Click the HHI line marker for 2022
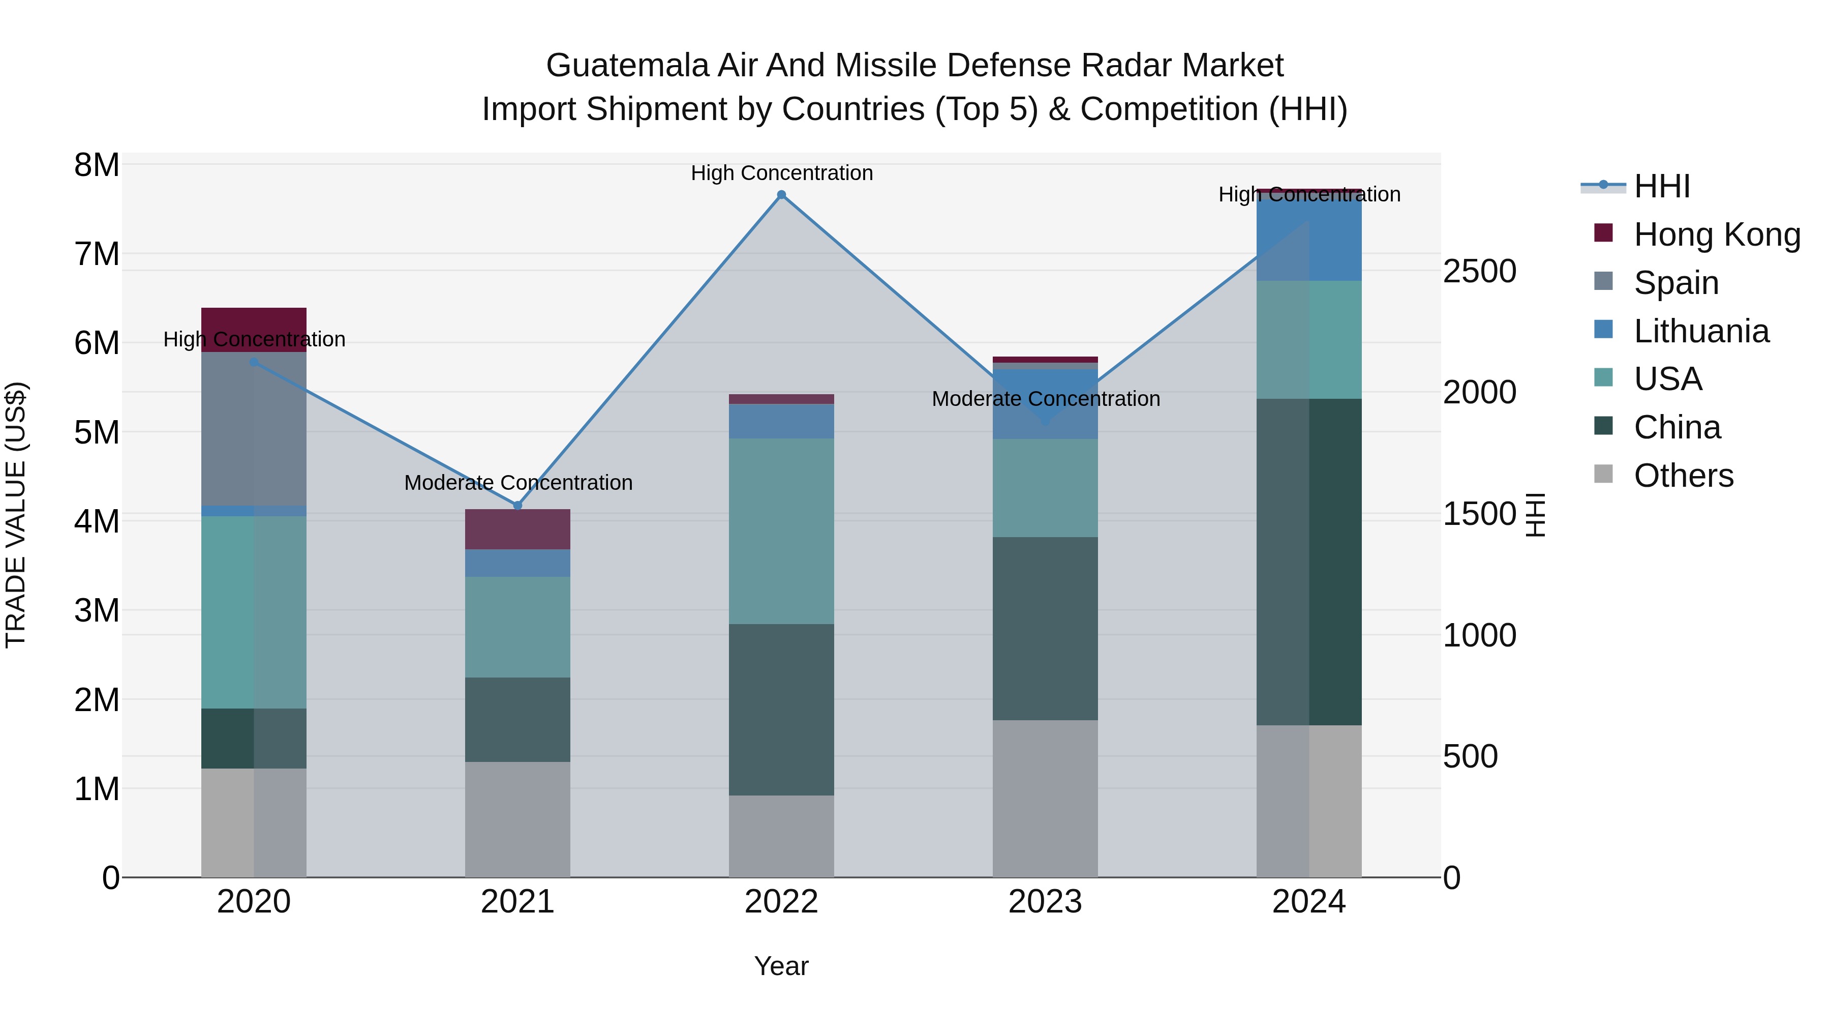781,195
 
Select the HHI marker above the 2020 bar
254,363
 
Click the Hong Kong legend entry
1716,234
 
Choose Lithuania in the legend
1701,331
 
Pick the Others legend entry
1683,476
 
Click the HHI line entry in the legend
1661,186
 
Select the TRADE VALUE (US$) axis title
16,515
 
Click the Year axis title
781,966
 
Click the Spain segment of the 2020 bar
254,429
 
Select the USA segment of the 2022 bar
781,531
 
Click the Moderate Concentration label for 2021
518,483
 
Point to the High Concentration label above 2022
781,173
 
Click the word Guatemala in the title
627,66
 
